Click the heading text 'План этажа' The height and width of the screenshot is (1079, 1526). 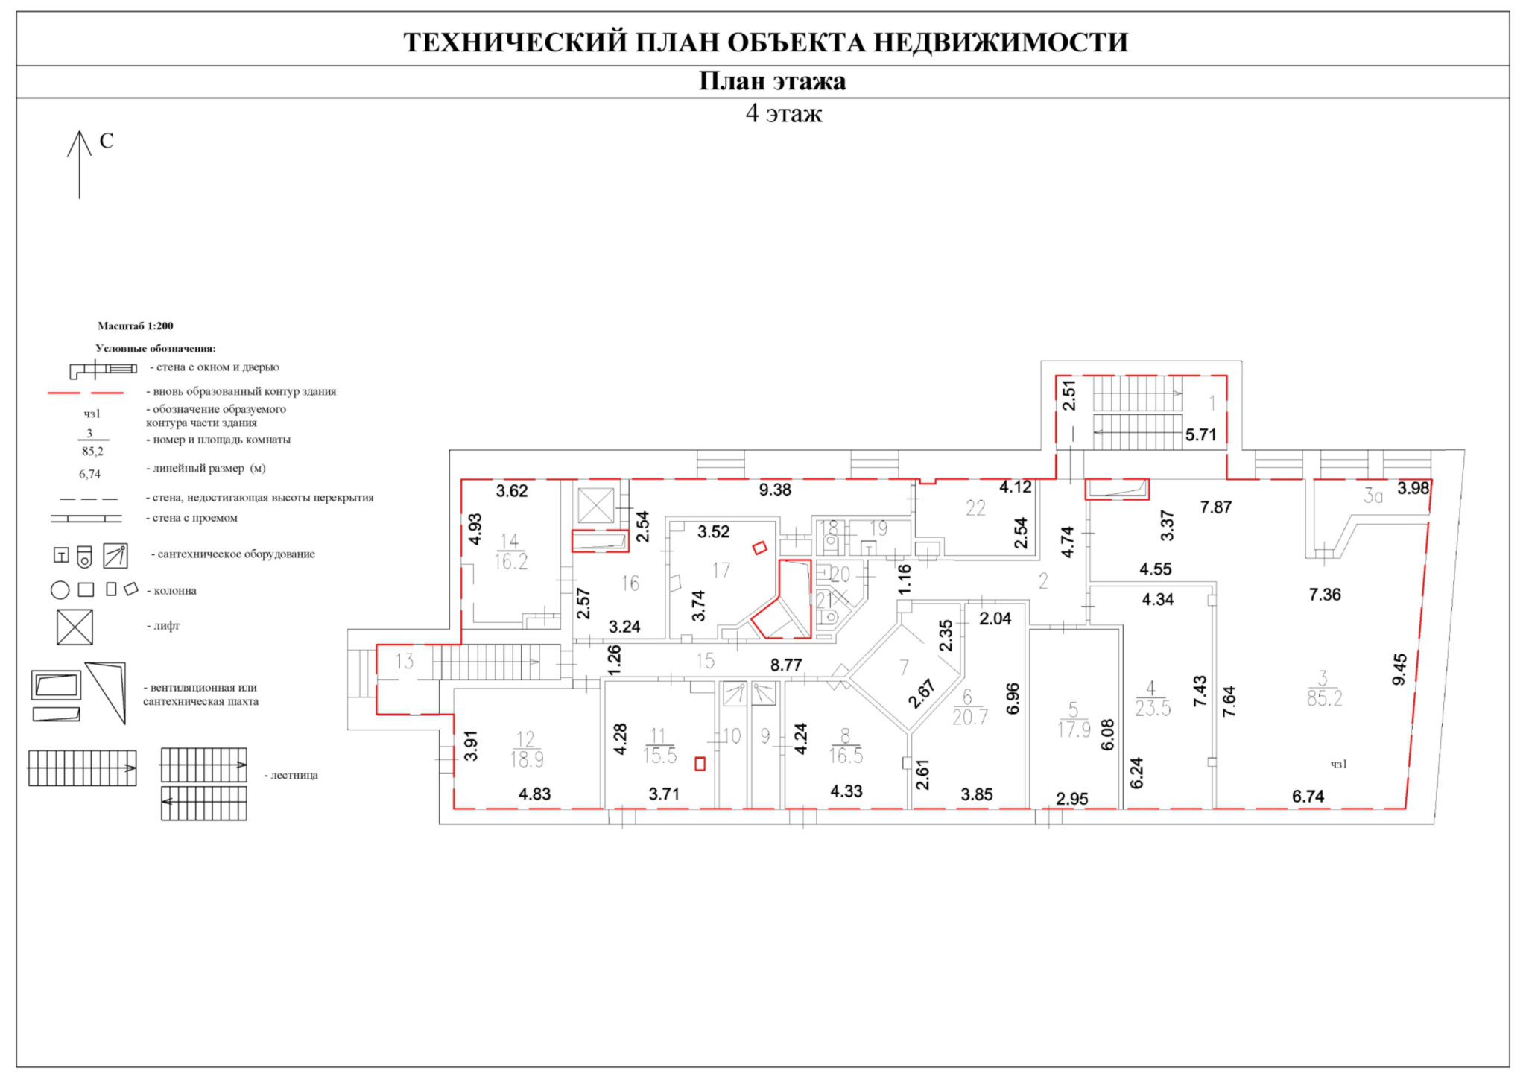pos(772,81)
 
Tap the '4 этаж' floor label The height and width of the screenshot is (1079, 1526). pos(784,113)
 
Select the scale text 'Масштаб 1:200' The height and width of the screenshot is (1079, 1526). pos(135,326)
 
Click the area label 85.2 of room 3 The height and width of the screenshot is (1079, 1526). pos(1324,698)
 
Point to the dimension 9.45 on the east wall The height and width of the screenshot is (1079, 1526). pos(1400,669)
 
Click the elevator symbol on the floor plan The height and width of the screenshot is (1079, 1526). pos(596,505)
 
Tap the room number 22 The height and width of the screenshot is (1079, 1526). pos(975,508)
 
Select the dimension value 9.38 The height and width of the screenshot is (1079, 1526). pos(775,490)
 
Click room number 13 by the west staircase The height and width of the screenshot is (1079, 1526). pos(405,661)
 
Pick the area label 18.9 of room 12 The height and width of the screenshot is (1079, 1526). pos(526,759)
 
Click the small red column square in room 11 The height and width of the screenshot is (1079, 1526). pos(700,764)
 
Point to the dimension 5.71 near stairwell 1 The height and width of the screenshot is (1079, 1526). pos(1200,434)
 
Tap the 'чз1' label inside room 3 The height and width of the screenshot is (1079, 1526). pos(1339,764)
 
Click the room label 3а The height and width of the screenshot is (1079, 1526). pos(1373,496)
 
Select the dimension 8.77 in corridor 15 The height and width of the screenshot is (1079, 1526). pos(786,665)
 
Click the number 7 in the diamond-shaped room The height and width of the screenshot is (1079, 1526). pos(904,667)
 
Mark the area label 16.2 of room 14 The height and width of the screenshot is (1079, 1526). pos(511,561)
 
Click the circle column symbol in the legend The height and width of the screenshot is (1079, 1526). pos(60,590)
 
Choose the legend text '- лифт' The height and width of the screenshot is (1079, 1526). pos(165,626)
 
